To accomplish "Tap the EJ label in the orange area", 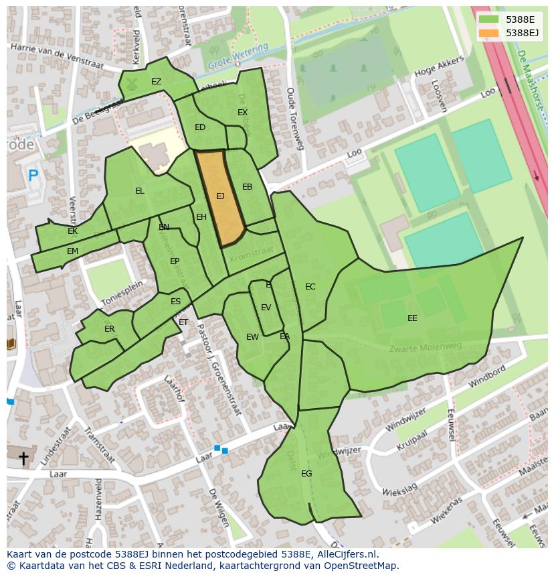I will pyautogui.click(x=220, y=196).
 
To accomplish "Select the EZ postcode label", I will pyautogui.click(x=156, y=82).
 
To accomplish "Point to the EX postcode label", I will pyautogui.click(x=242, y=113).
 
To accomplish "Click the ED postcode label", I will pyautogui.click(x=200, y=127).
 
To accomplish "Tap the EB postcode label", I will pyautogui.click(x=248, y=187).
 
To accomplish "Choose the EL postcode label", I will pyautogui.click(x=139, y=191).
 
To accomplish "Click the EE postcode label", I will pyautogui.click(x=412, y=318).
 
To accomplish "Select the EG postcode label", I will pyautogui.click(x=306, y=474).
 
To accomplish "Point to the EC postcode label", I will pyautogui.click(x=310, y=287).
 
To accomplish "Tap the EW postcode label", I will pyautogui.click(x=252, y=337).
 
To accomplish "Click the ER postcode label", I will pyautogui.click(x=110, y=329).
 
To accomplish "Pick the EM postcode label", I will pyautogui.click(x=72, y=251).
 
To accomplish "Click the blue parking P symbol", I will pyautogui.click(x=33, y=176).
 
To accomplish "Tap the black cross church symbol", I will pyautogui.click(x=23, y=458).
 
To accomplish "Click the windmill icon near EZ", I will pyautogui.click(x=132, y=84).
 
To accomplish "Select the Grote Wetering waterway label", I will pyautogui.click(x=237, y=56).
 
